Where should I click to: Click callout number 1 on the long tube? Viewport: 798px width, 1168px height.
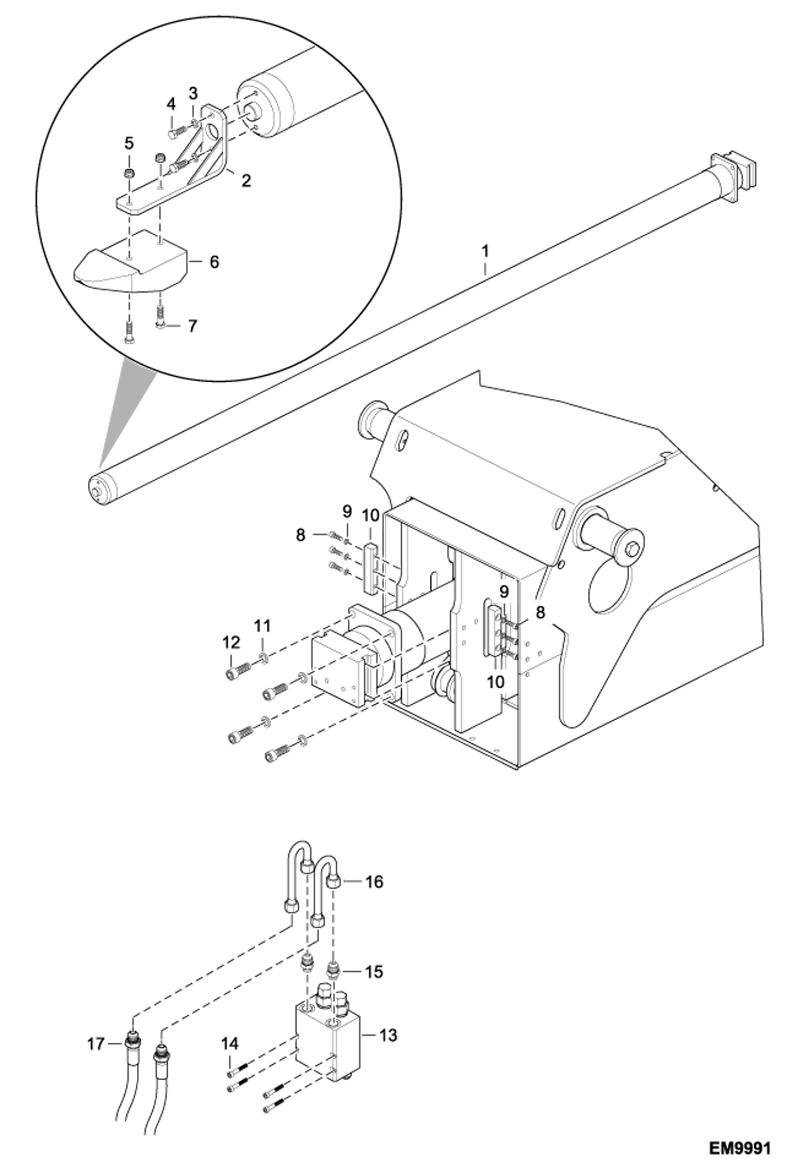[485, 251]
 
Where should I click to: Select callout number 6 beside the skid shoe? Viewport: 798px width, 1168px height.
[214, 262]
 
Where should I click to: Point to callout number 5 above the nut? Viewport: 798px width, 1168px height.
[129, 144]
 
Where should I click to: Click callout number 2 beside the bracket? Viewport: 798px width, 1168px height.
[246, 180]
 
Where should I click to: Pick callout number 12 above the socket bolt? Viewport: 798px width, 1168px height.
[231, 643]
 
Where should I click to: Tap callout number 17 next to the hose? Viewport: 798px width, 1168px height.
[96, 1044]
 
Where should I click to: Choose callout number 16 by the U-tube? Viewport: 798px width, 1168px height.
[374, 882]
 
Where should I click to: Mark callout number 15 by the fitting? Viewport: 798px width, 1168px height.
[374, 972]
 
